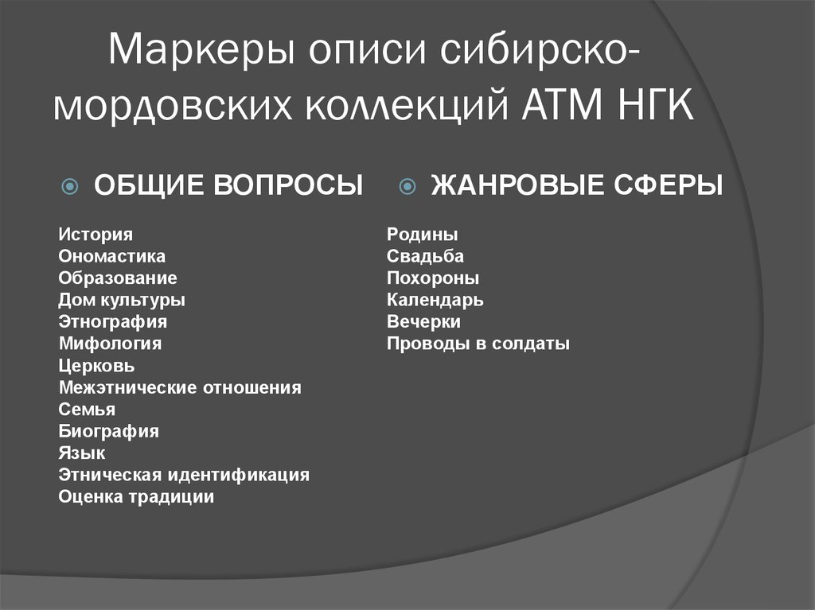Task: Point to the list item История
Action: [96, 235]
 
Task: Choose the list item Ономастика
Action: [112, 256]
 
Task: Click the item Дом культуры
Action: [122, 300]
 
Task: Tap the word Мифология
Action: [110, 344]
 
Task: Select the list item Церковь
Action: [96, 366]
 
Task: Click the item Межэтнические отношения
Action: [180, 388]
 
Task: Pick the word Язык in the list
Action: [82, 453]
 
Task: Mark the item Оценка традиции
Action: [136, 497]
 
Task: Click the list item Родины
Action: [423, 235]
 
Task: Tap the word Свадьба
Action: [425, 256]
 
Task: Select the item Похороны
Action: [433, 278]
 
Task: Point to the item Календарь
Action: [435, 300]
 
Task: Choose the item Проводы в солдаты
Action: [478, 344]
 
